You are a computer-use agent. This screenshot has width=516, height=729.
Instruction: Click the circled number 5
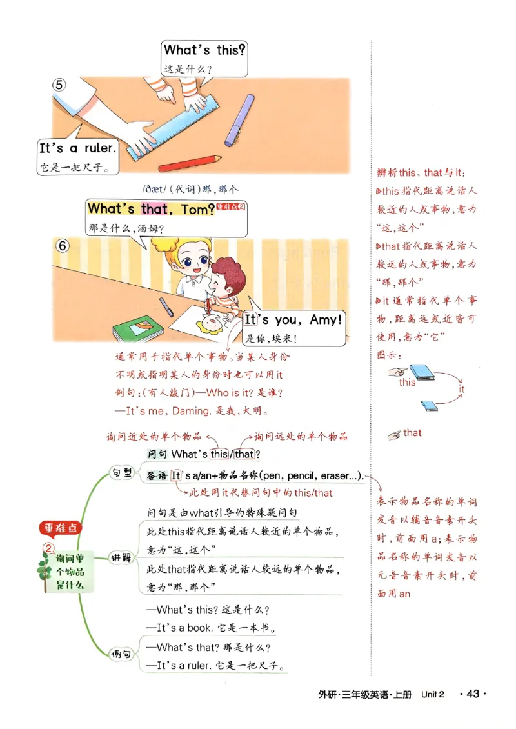[59, 85]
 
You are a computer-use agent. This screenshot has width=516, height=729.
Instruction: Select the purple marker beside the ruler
[239, 121]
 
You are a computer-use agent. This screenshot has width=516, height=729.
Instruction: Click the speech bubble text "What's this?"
[204, 50]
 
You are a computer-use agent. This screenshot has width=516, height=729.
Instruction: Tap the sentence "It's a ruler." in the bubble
[77, 148]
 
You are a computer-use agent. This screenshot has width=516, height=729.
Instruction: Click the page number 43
[472, 694]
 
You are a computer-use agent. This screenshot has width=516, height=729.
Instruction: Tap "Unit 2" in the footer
[433, 694]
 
